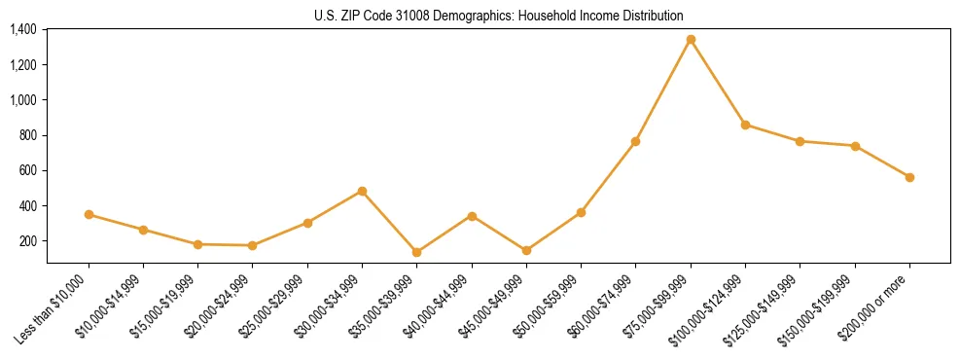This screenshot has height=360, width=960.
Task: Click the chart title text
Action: tap(499, 16)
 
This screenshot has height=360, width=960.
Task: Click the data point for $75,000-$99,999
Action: tap(691, 40)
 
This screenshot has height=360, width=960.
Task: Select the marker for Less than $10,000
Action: tap(89, 214)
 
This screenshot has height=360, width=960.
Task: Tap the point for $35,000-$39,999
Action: tap(416, 252)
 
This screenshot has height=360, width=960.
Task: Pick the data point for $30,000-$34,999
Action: tap(362, 191)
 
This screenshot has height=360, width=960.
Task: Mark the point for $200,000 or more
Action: tap(909, 177)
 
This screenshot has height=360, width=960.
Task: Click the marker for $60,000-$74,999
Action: tap(635, 141)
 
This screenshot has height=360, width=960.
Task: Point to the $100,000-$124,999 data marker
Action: tap(745, 125)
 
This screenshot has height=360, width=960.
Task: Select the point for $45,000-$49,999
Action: tap(526, 250)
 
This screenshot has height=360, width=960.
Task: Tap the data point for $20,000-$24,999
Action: tap(253, 245)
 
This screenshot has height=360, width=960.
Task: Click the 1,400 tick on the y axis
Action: tap(23, 29)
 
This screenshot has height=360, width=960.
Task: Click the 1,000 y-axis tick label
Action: tap(23, 100)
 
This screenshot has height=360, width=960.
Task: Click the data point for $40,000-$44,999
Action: tap(472, 216)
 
